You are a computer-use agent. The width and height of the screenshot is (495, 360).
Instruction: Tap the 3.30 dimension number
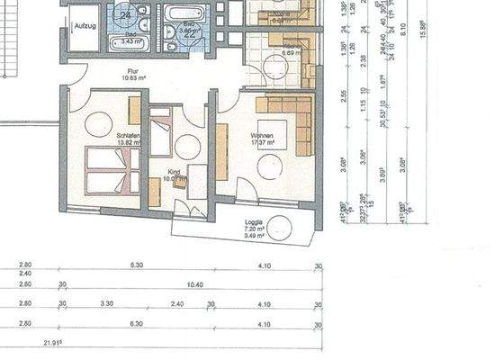click(x=107, y=304)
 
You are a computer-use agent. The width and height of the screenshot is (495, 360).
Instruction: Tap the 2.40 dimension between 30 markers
click(x=176, y=304)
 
